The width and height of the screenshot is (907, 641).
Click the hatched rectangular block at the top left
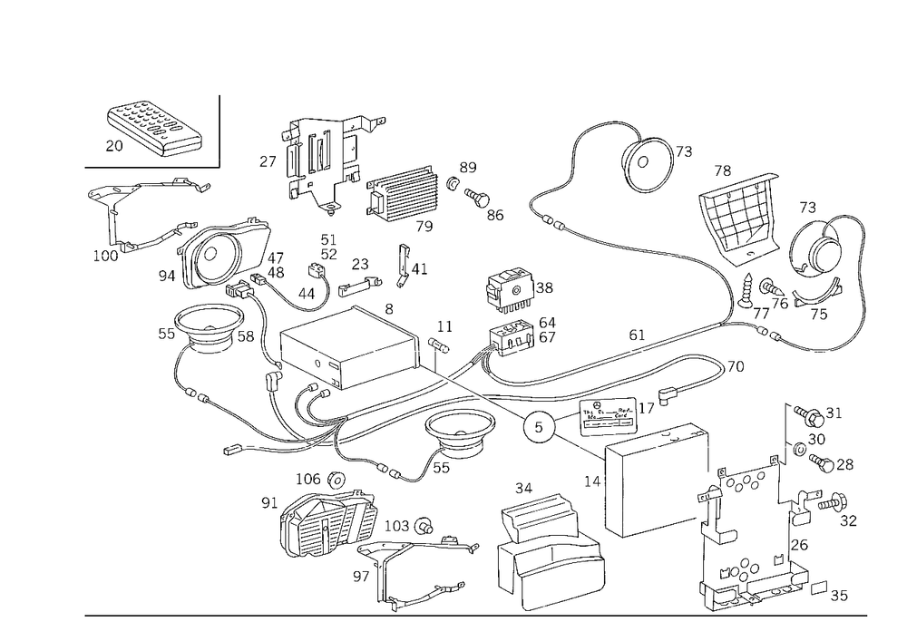pyautogui.click(x=152, y=131)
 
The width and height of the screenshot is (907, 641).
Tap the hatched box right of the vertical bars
pyautogui.click(x=405, y=191)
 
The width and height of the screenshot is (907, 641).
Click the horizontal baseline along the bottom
pyautogui.click(x=472, y=615)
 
